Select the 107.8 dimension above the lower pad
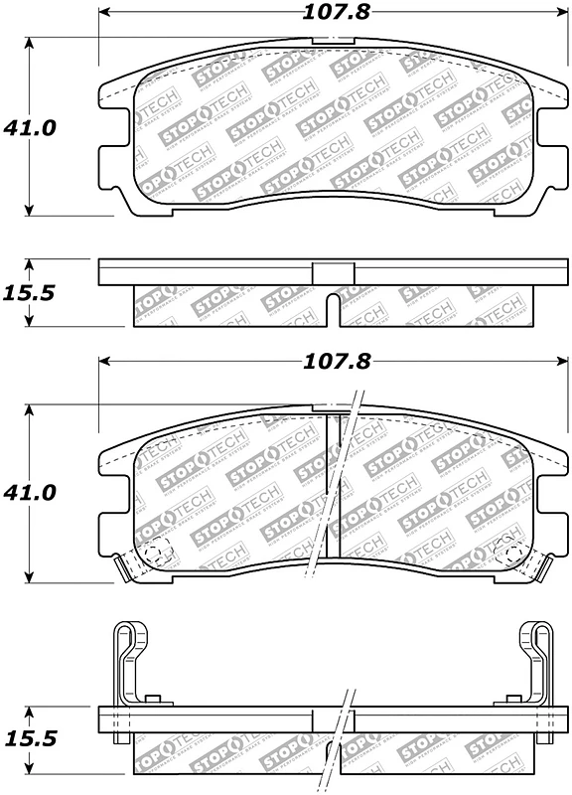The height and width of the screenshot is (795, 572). click(332, 363)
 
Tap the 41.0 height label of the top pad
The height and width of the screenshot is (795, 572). click(30, 127)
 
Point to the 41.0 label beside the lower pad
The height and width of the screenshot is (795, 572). click(30, 492)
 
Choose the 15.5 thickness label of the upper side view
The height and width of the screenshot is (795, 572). click(30, 294)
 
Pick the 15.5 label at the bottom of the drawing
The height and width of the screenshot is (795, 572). click(30, 740)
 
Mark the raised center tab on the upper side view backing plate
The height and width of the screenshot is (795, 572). click(333, 272)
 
